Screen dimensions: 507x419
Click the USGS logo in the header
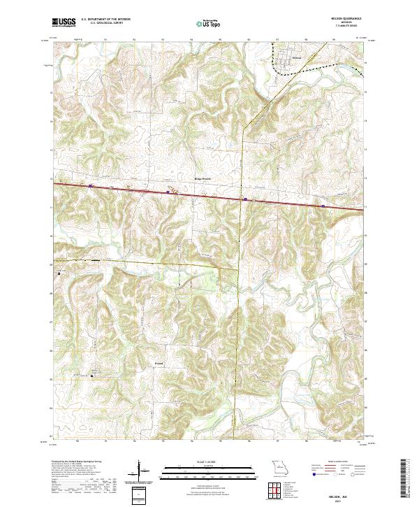64,23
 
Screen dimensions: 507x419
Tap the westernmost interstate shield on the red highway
90,186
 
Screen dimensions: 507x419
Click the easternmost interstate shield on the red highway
323,206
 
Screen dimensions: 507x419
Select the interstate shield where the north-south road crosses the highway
245,199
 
